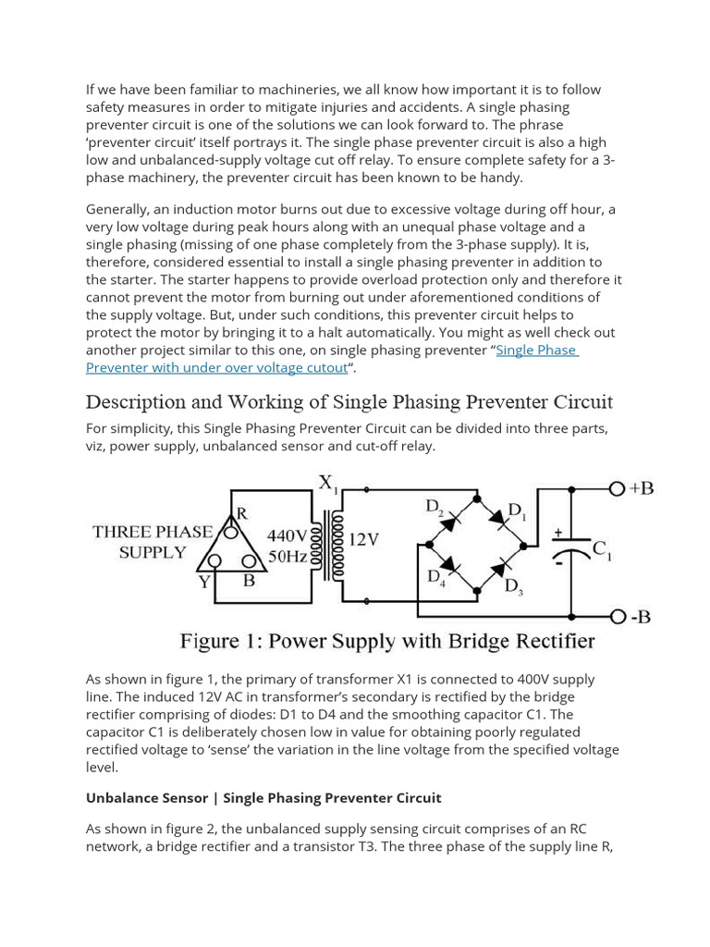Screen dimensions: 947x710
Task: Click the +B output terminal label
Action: tap(641, 488)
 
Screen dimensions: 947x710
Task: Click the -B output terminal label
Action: tap(640, 617)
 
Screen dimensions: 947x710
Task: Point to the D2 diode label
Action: tap(435, 507)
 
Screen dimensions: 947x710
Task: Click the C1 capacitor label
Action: tap(602, 549)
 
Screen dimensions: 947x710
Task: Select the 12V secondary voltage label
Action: tap(363, 539)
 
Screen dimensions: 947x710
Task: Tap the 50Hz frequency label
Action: tap(288, 555)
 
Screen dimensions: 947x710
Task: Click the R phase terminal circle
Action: tap(233, 532)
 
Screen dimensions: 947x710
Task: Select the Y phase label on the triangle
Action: tap(203, 582)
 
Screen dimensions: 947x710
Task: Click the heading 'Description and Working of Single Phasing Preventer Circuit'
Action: tap(349, 402)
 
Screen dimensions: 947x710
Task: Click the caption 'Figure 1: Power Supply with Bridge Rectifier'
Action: tap(386, 641)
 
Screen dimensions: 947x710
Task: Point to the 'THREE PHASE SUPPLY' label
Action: tap(153, 543)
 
